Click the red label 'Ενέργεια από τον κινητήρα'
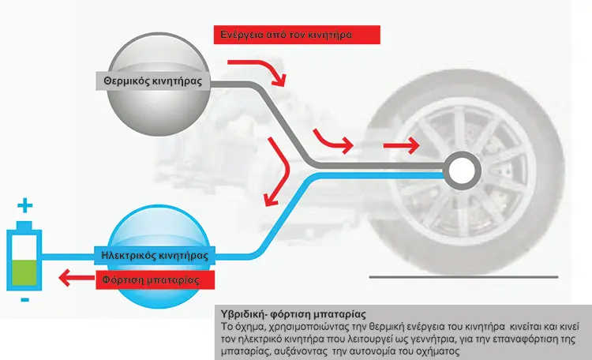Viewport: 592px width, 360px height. tap(297, 35)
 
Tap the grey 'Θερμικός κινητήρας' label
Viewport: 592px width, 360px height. tap(153, 81)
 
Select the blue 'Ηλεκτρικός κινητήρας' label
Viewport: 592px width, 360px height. tap(155, 256)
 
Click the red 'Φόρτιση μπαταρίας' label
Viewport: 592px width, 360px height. tap(155, 280)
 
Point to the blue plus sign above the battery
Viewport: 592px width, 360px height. tap(25, 205)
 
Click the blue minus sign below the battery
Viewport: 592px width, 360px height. tap(25, 300)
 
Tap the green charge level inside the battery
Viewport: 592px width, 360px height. tap(24, 272)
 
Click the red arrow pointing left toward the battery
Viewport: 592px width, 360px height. tap(77, 278)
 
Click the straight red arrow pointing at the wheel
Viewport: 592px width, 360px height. tap(401, 145)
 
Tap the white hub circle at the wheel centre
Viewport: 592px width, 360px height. tap(462, 171)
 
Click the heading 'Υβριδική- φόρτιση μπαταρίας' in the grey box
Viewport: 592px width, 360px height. tap(294, 314)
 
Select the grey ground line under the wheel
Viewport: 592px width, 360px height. tap(463, 277)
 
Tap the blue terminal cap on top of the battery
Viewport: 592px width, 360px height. tap(24, 226)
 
